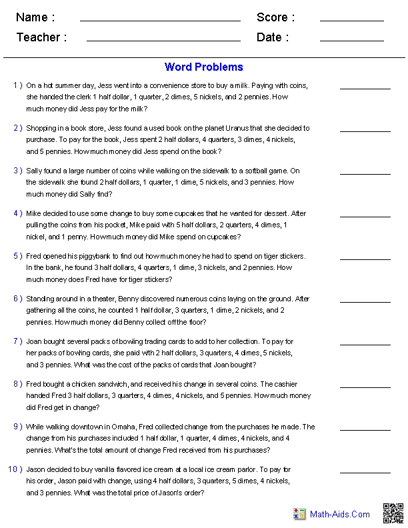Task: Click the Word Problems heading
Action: tap(203, 67)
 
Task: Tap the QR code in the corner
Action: tap(393, 513)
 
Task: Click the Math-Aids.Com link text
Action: tap(339, 514)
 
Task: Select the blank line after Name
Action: tap(160, 21)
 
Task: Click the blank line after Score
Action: tap(351, 21)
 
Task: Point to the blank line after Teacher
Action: tap(163, 41)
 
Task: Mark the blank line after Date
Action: tap(351, 41)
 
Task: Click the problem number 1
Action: tap(17, 85)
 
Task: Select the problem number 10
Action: tap(15, 469)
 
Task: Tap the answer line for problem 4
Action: tap(365, 216)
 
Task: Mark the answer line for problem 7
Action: tap(365, 344)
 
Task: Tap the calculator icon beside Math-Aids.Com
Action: tap(299, 514)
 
